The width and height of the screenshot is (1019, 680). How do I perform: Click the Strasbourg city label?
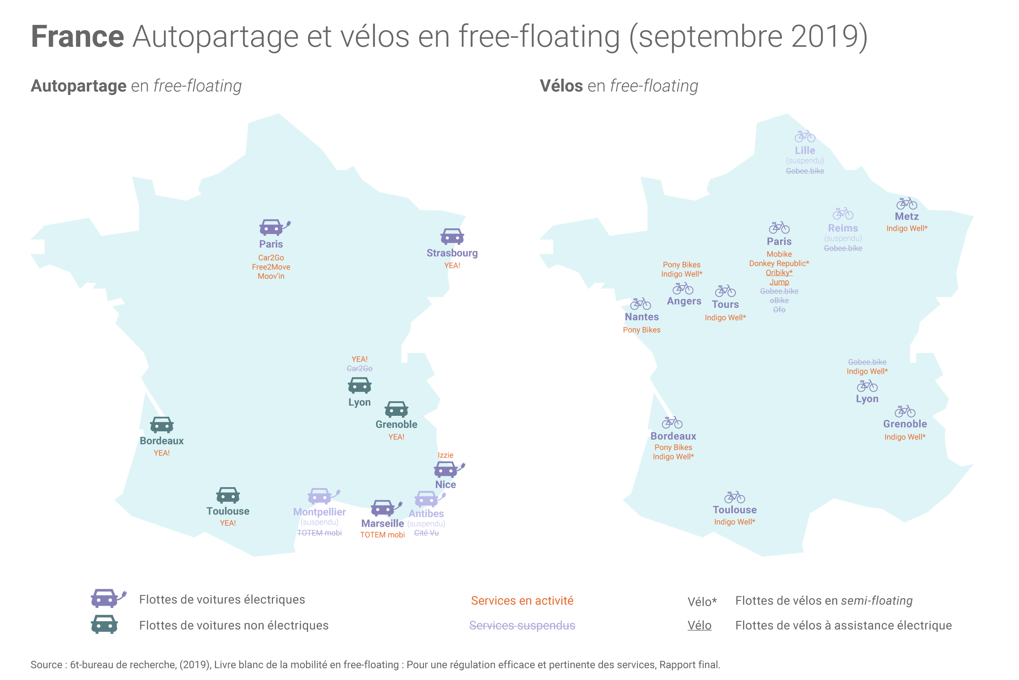coord(452,253)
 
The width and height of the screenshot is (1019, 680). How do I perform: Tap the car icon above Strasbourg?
coord(452,236)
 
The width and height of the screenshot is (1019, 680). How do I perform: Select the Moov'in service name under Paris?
coord(271,276)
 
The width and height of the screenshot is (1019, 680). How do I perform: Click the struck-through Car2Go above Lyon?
coord(360,368)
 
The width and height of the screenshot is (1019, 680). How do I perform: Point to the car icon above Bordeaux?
coord(162,425)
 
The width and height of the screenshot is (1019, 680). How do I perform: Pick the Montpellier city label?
coord(319,512)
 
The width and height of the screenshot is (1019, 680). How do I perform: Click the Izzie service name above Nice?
coord(446,455)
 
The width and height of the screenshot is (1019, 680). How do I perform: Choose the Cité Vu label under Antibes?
coord(426,532)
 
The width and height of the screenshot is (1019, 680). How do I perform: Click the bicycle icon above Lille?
coord(805,136)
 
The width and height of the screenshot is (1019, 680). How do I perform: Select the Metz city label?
coord(907,216)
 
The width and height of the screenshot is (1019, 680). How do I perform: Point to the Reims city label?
coord(843,228)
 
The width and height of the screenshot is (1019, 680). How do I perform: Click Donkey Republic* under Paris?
coord(779,263)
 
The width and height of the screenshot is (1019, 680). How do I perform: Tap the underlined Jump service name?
coord(779,282)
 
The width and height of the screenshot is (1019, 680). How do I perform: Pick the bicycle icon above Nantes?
coord(640,304)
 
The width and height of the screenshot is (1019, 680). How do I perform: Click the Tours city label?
coord(725,305)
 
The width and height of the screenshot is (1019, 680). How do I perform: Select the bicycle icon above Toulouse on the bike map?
coord(734,497)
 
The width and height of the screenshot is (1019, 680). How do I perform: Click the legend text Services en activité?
coord(522,601)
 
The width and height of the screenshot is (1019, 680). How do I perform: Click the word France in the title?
coord(77,36)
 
